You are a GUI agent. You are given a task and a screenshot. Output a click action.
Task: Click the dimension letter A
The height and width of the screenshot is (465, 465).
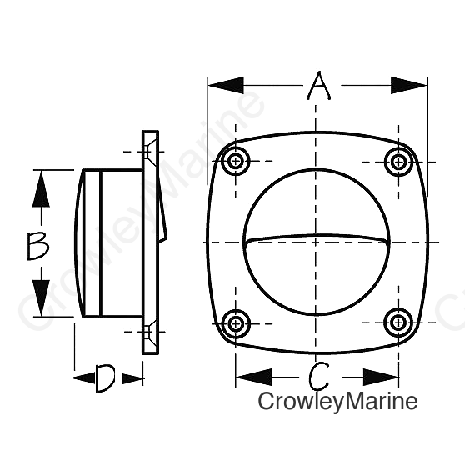319,86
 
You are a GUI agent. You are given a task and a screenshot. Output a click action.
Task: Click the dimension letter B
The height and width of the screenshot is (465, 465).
38,246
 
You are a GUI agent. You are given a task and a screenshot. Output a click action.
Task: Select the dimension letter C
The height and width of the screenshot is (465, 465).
319,377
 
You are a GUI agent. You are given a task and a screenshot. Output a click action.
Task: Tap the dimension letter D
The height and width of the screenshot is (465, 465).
105,378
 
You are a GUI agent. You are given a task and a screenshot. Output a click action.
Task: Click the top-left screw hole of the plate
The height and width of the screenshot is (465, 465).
236,162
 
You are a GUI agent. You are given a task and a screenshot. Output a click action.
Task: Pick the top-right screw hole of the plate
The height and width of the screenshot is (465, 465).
399,162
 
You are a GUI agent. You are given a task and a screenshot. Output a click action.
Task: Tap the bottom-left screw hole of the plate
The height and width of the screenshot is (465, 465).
236,323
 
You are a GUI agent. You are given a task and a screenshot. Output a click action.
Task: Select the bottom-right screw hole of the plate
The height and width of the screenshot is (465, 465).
398,322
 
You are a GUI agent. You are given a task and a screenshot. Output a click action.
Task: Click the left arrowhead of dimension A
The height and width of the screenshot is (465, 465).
226,85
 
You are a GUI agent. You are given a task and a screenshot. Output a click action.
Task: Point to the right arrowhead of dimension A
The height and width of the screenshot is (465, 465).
409,85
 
